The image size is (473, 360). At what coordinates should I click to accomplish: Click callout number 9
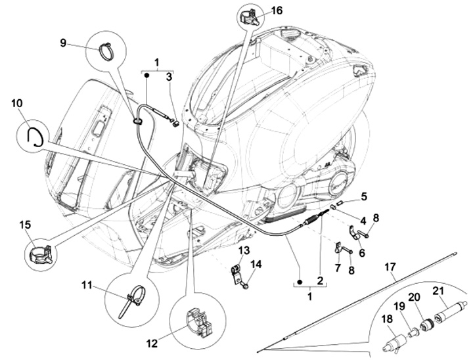pyautogui.click(x=64, y=43)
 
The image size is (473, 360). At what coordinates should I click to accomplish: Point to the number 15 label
pyautogui.click(x=24, y=225)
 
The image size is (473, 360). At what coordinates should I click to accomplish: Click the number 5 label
pyautogui.click(x=364, y=196)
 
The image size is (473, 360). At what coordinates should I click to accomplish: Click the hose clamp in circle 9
pyautogui.click(x=106, y=49)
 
